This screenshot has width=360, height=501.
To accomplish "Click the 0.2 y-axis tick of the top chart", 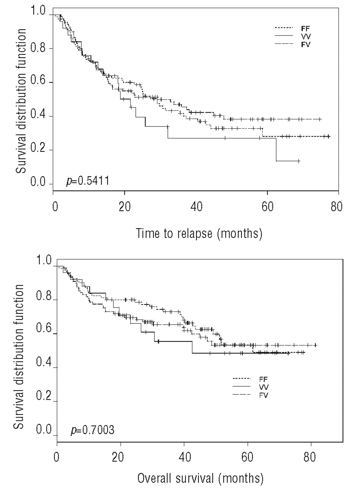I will click(40, 150).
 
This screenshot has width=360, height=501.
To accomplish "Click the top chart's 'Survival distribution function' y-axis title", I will click(22, 99).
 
